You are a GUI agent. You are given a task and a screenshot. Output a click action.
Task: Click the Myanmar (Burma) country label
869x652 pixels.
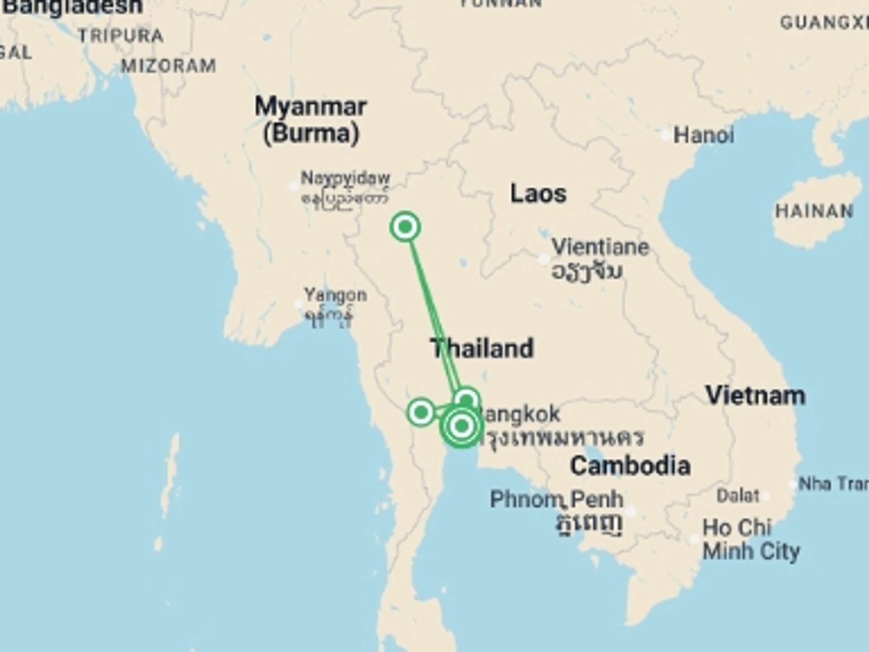[311, 120]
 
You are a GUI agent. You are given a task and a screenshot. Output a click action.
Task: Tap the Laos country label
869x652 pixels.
[538, 194]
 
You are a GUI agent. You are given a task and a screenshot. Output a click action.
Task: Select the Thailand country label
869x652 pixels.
[482, 348]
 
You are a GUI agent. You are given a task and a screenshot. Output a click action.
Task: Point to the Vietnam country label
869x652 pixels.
[755, 395]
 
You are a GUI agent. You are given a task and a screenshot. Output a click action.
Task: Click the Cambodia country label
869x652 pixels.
[630, 466]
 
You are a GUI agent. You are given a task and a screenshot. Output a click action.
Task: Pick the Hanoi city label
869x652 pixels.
[703, 135]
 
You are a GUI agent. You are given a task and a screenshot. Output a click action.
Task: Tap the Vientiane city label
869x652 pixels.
[600, 247]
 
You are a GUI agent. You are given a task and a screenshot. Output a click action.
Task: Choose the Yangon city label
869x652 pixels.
[335, 295]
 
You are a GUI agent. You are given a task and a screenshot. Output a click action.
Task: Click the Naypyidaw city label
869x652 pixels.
[345, 178]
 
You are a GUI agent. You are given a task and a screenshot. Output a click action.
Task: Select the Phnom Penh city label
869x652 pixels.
[557, 499]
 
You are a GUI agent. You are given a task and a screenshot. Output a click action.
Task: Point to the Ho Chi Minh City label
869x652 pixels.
[751, 540]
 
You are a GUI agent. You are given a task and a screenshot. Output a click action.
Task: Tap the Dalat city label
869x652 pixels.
[738, 496]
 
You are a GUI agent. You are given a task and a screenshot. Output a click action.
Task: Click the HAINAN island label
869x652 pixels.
[814, 211]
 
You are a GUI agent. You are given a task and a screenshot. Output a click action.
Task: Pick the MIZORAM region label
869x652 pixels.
[168, 66]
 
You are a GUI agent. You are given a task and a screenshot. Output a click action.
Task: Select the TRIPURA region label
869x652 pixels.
[121, 36]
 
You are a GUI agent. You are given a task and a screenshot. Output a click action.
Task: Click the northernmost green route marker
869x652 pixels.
[405, 226]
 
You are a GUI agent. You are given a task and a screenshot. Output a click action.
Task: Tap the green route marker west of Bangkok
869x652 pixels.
[421, 412]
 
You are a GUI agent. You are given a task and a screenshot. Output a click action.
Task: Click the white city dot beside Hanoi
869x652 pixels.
[666, 135]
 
